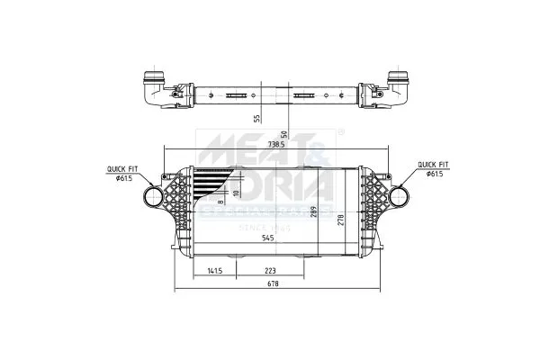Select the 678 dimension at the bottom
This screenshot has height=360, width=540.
[272, 284]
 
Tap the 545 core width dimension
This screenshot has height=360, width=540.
[267, 238]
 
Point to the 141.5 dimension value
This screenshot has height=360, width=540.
[214, 270]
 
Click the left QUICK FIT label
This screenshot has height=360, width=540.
[121, 168]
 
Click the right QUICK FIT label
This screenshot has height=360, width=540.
[432, 165]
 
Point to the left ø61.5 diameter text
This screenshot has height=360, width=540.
[125, 177]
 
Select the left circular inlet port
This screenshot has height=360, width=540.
[153, 198]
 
